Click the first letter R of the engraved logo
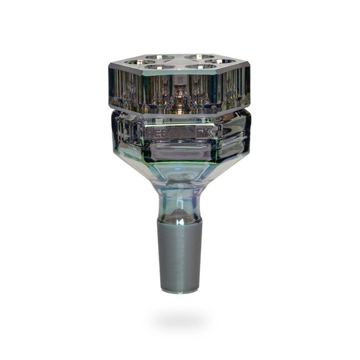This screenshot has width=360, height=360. coord(149,133)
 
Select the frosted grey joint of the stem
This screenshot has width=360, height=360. coord(179,255)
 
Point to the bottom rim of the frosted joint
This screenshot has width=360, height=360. coord(179,290)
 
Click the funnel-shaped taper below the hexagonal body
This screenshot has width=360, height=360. coord(179,174)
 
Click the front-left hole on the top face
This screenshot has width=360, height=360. coord(156,68)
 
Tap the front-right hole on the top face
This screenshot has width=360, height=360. coord(202,68)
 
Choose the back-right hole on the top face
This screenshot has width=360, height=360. coord(199,57)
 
